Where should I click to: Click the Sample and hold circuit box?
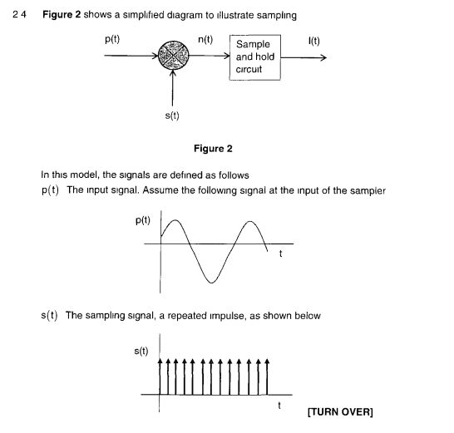click(255, 57)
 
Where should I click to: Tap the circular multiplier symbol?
click(174, 57)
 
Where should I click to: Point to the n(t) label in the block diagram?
click(206, 38)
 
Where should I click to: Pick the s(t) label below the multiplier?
click(173, 116)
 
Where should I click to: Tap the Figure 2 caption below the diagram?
click(213, 149)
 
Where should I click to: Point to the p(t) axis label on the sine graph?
click(142, 221)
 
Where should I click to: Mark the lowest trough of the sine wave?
click(213, 283)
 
